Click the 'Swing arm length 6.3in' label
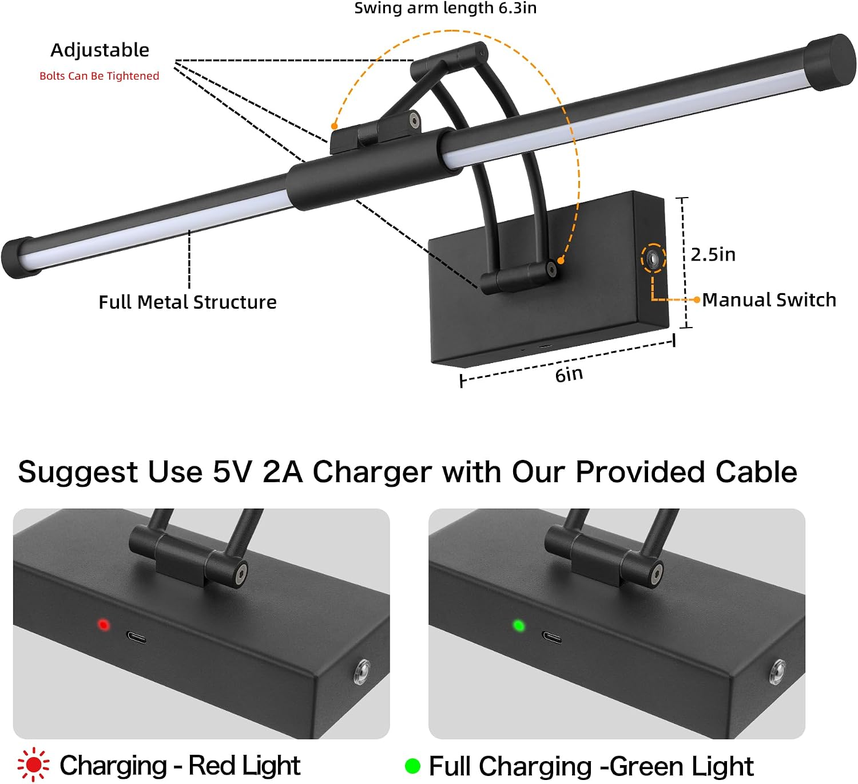[x=445, y=8]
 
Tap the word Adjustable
[x=100, y=50]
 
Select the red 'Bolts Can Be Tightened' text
[x=99, y=76]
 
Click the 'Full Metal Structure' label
[x=188, y=302]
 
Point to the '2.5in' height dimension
[x=713, y=254]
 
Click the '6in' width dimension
[x=569, y=375]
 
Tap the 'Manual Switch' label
[x=769, y=300]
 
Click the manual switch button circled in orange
[x=653, y=259]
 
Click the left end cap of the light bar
[x=18, y=257]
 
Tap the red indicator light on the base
[x=104, y=625]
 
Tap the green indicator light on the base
[x=519, y=625]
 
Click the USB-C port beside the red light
[x=136, y=637]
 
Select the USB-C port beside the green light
[x=552, y=637]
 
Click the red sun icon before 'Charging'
[x=33, y=765]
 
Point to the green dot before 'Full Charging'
[x=412, y=766]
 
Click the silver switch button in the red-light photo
[x=362, y=671]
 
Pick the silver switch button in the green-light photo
[x=777, y=672]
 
